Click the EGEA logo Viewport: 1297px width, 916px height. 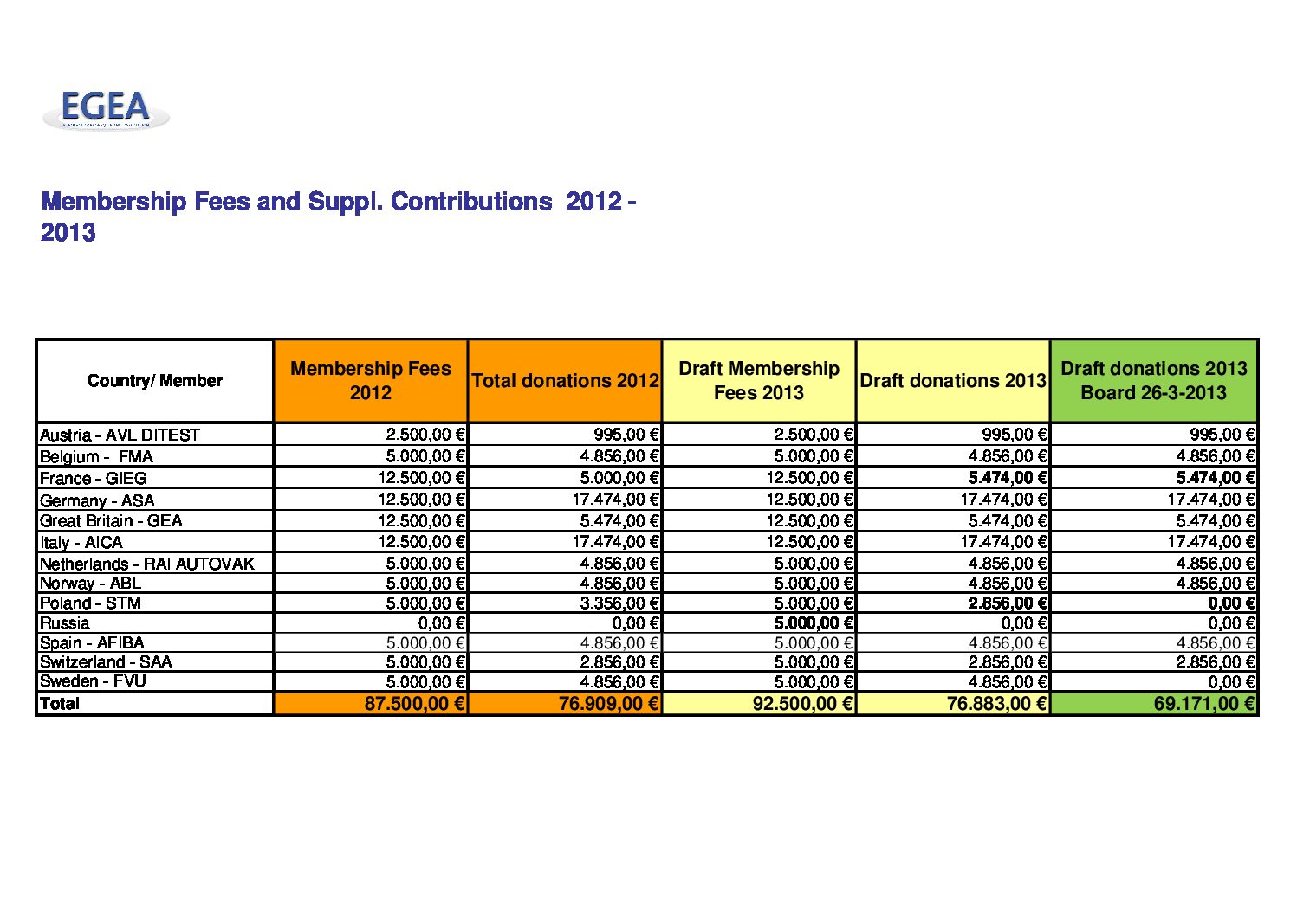[x=106, y=109]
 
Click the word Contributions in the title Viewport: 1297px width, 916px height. [x=471, y=202]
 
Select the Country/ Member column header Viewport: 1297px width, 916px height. [x=154, y=380]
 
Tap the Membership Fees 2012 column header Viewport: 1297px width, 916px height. [x=371, y=380]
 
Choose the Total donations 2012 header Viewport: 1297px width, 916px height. [x=565, y=380]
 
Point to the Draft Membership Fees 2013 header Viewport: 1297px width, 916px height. [x=758, y=380]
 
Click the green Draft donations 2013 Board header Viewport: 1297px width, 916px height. [x=1153, y=380]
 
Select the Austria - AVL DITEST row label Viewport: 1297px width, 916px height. [x=120, y=435]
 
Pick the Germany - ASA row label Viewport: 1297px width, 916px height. [x=97, y=500]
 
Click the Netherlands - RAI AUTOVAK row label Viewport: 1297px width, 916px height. [x=147, y=564]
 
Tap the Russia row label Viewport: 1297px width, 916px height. [x=64, y=623]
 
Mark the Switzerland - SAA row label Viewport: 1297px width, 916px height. [x=106, y=662]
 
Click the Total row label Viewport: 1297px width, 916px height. [x=59, y=704]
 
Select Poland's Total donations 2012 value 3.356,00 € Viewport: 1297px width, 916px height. [x=619, y=603]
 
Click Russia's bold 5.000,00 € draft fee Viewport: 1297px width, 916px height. [x=814, y=623]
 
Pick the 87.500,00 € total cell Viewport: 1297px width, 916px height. [x=415, y=704]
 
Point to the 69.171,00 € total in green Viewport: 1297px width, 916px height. [x=1204, y=704]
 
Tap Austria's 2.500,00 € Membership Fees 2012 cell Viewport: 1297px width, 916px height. [x=425, y=435]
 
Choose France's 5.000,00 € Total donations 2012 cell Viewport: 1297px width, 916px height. [x=619, y=478]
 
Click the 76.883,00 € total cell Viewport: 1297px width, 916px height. [x=997, y=704]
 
